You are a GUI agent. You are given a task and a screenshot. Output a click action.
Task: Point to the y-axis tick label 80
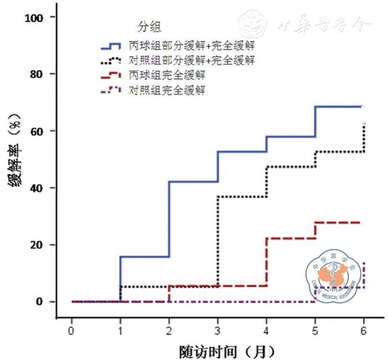point(37,74)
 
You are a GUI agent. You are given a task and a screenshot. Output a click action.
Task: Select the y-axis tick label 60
point(37,131)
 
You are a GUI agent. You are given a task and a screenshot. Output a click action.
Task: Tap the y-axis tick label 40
point(37,188)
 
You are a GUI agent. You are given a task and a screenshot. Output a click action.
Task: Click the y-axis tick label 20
point(37,245)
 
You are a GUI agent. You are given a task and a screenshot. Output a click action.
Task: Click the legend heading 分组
point(149,27)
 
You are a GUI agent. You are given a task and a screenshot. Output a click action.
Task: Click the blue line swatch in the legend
point(112,46)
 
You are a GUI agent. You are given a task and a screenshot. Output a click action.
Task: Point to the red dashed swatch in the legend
point(112,75)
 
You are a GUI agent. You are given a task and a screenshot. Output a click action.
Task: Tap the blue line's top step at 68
point(338,106)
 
